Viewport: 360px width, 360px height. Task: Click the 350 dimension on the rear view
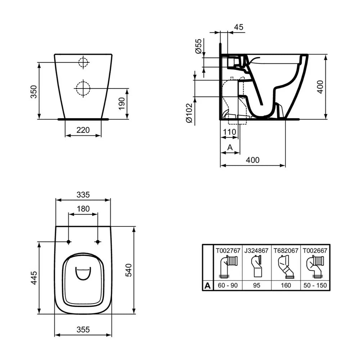coord(33,91)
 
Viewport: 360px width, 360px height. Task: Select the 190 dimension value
coord(122,104)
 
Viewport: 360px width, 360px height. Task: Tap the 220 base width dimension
coord(83,130)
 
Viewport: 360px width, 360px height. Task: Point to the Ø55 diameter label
coord(198,46)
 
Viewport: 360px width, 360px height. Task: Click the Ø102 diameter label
coord(189,113)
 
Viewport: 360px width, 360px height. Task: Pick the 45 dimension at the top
coord(239,27)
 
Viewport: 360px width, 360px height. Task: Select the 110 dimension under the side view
coord(229,132)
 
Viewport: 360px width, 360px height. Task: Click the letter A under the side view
coord(230,147)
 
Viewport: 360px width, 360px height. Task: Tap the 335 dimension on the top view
coord(83,195)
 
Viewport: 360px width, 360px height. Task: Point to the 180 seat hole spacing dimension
coord(83,209)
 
